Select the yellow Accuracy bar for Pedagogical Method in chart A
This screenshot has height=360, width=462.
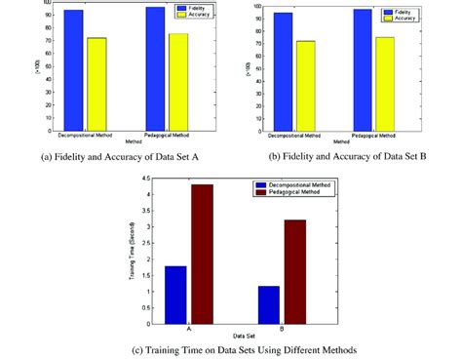click(177, 83)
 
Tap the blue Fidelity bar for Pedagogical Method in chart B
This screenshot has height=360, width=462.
click(362, 69)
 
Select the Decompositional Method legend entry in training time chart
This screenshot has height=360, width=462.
click(295, 184)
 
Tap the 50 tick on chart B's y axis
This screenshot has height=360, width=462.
click(256, 68)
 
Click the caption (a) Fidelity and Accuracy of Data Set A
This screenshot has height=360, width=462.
click(125, 156)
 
